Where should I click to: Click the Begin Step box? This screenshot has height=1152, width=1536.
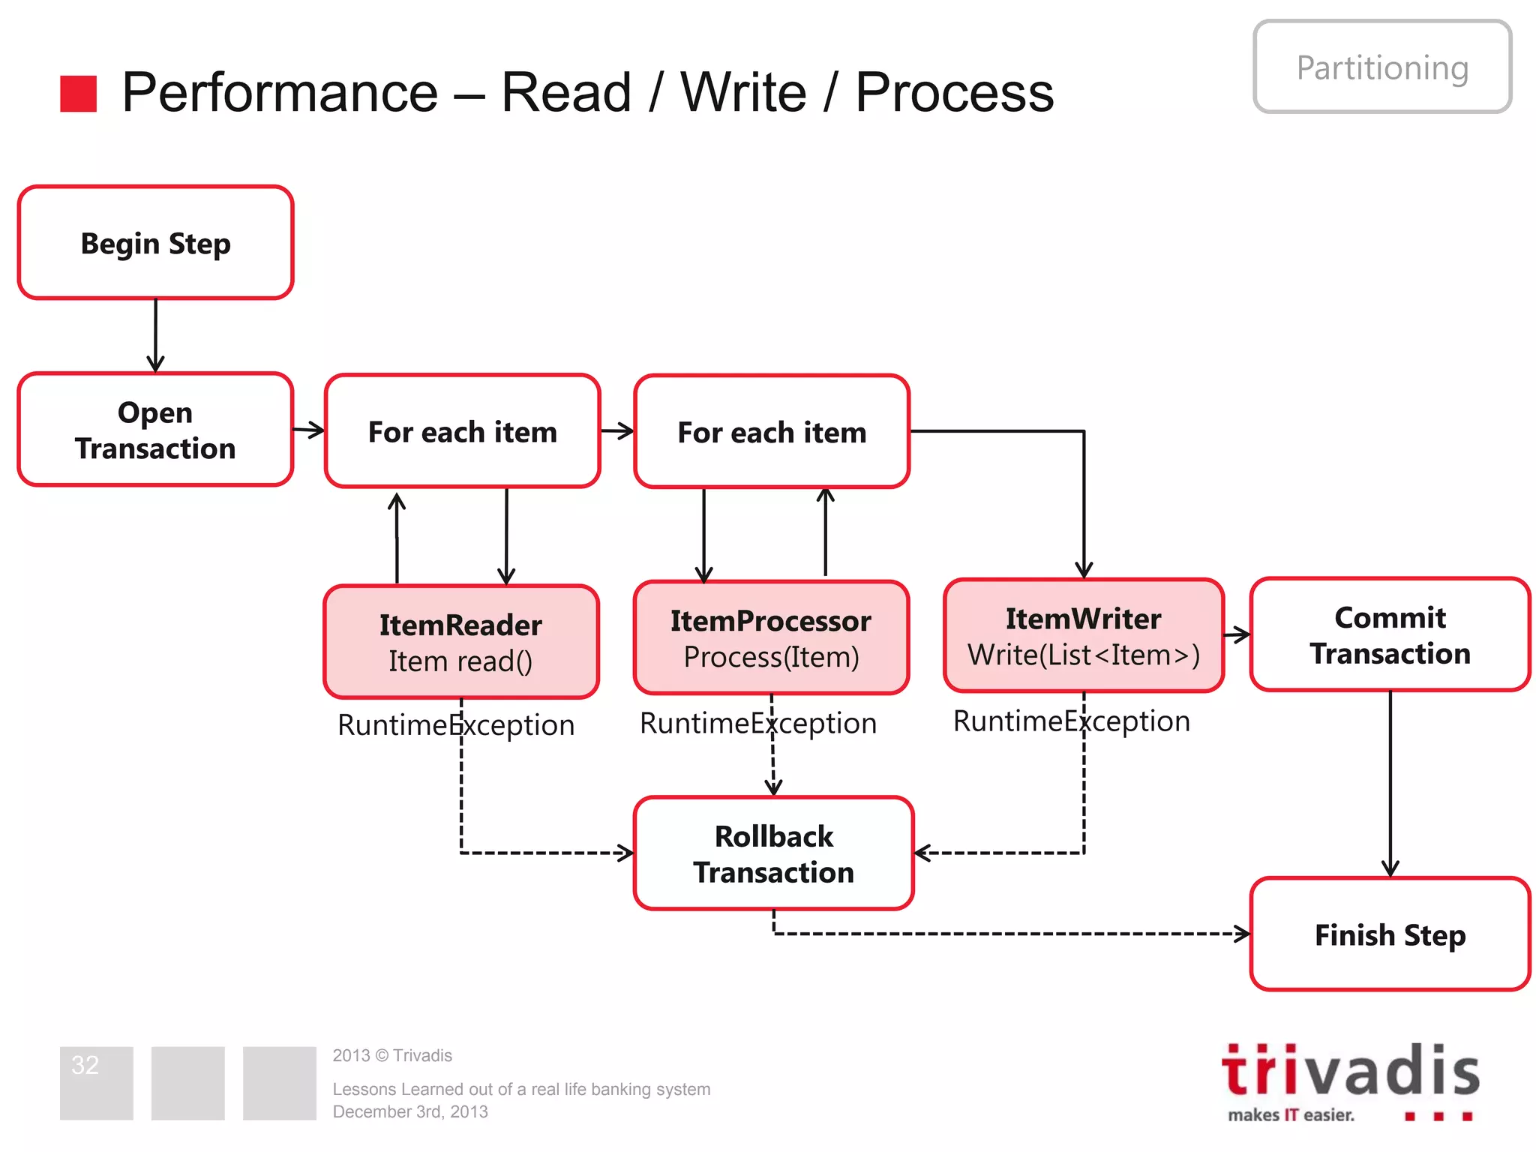(155, 242)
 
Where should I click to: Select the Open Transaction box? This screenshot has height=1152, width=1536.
(155, 430)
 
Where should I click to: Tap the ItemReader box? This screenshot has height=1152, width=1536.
(460, 642)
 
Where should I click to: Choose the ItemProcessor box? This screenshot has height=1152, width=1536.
(771, 637)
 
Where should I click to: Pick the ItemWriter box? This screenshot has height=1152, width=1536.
(1083, 635)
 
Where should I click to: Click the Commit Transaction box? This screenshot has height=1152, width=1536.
(1390, 634)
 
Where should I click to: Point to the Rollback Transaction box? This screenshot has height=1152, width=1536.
(773, 853)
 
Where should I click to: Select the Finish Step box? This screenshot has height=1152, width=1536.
(1390, 934)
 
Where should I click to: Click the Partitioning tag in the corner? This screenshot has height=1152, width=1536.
(1382, 67)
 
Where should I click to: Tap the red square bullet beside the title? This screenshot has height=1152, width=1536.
(79, 94)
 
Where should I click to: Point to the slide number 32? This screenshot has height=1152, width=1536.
(85, 1065)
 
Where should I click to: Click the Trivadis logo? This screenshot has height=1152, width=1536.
(1350, 1080)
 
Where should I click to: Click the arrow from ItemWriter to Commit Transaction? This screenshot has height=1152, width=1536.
(1237, 635)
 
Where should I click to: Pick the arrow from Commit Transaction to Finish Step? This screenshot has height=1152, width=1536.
(1390, 784)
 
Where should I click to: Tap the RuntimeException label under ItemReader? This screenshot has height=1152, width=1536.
(456, 725)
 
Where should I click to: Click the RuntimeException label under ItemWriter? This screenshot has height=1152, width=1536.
(1071, 721)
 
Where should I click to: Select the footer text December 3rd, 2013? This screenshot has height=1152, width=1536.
(410, 1111)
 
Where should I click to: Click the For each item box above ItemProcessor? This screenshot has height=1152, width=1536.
(771, 432)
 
